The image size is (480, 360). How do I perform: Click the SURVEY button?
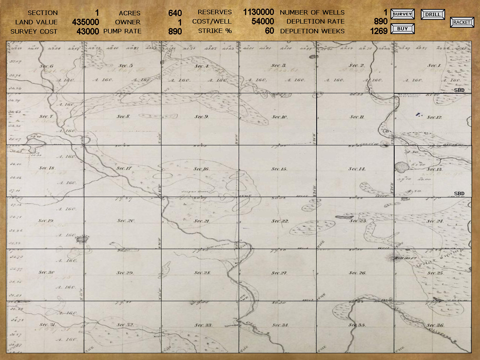402,14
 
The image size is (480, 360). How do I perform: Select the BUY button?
402,28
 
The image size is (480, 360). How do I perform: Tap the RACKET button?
462,22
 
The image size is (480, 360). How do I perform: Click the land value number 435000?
85,22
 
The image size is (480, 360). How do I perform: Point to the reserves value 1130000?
259,12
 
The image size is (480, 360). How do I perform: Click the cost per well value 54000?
263,21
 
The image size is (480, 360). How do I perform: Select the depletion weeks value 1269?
378,31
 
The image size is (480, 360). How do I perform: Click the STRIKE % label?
215,31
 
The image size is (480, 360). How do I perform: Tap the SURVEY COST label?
34,31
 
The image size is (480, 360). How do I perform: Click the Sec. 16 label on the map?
201,169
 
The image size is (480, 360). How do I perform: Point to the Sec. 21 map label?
202,221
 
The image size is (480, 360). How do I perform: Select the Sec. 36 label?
435,325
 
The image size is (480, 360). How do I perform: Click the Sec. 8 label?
123,117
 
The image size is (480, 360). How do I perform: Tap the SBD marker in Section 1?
459,90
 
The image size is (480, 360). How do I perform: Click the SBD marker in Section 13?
459,194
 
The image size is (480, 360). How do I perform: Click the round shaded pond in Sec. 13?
401,167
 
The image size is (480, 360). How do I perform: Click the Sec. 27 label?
279,273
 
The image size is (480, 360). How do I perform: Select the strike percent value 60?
269,31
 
